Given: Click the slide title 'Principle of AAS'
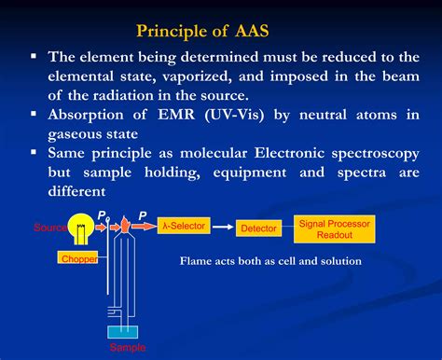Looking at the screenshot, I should coord(220,30).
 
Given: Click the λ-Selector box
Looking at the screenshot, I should coord(183,225).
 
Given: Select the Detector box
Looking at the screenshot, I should coord(258,228).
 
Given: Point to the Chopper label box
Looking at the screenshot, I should coord(78,257).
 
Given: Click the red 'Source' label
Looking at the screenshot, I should coord(49,228).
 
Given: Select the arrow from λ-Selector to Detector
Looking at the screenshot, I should coord(220,226).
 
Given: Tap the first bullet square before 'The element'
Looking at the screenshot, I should coord(34,57).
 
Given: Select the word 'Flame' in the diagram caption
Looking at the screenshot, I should coord(200,261).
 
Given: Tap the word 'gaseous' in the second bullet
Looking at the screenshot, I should coord(83,134).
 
